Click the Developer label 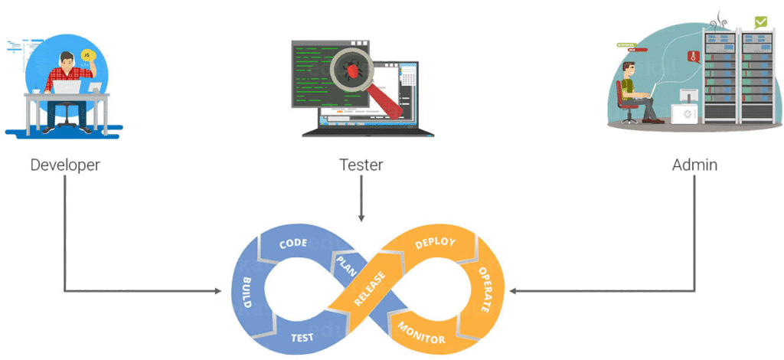click(x=65, y=165)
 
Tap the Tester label click(x=361, y=165)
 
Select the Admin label click(x=694, y=165)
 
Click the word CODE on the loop click(x=293, y=244)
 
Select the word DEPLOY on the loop click(x=434, y=243)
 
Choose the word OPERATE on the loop click(x=485, y=290)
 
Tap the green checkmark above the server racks click(x=759, y=22)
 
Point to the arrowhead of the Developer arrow click(x=216, y=290)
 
